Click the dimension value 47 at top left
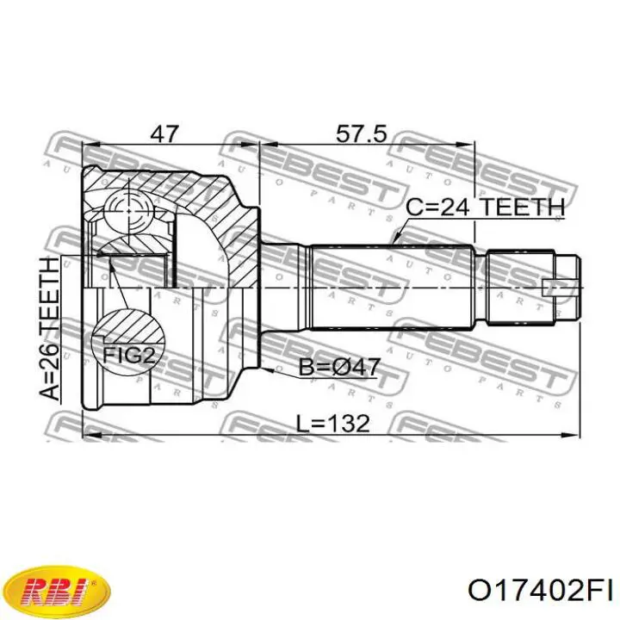click(164, 134)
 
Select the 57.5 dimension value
click(361, 134)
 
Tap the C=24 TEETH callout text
click(485, 207)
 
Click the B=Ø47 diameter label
click(339, 367)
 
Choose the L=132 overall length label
click(333, 424)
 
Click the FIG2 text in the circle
click(127, 355)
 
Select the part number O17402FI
click(540, 592)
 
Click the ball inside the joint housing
click(128, 212)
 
